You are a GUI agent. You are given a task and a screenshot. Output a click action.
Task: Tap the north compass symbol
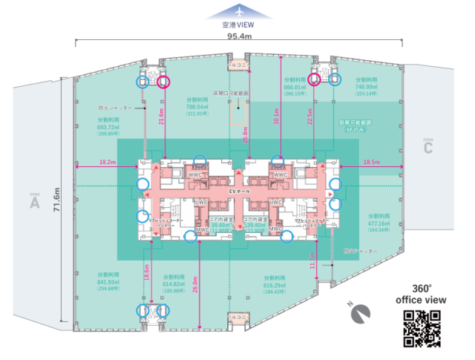361,315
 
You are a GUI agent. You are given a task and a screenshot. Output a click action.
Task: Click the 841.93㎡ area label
108,282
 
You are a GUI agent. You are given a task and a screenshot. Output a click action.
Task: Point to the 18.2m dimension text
107,160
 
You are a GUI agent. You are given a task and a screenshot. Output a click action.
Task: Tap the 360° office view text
422,295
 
